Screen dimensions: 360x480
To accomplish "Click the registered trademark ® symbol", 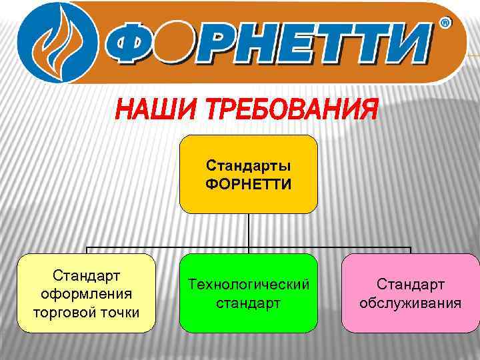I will pos(445,24).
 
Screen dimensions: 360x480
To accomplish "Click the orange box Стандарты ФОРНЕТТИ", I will pos(248,174).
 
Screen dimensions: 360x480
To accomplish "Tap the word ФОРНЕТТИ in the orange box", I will pos(248,183).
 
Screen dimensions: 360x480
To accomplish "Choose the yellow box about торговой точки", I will pos(86,293).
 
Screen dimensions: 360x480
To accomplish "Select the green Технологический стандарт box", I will pos(248,293).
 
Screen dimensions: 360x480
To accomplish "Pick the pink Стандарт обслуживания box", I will pos(410,293).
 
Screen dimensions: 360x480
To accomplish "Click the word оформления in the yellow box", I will pos(86,294).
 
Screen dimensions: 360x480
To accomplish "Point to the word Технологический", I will pos(248,285).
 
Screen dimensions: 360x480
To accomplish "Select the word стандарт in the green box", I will pos(248,303).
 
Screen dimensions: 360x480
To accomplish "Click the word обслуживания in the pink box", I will pos(410,303).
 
